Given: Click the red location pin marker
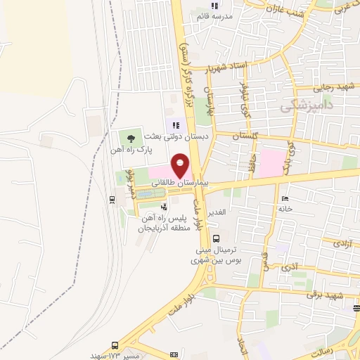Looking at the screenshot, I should point(181,165).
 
